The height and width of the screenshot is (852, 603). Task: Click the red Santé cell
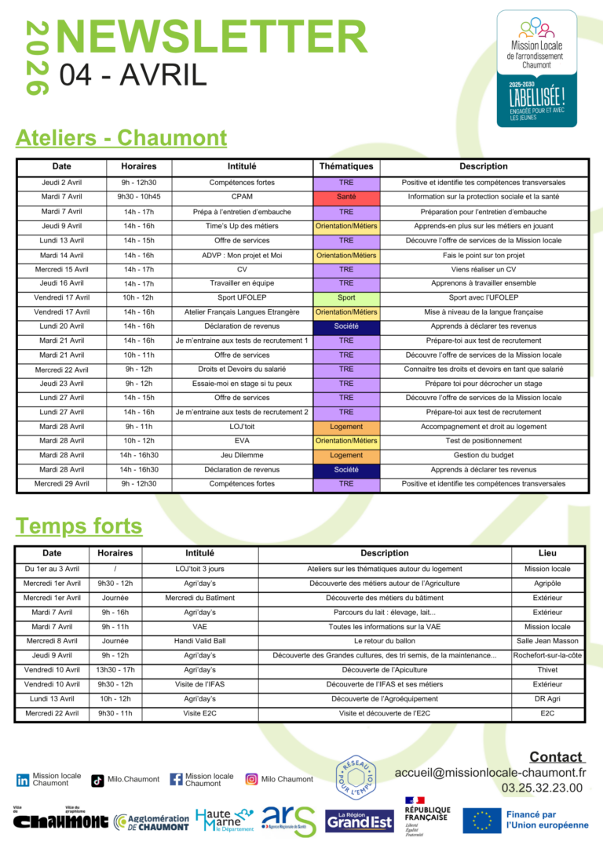[346, 197]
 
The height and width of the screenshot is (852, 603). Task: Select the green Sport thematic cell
[346, 297]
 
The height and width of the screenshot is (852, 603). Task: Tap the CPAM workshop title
[242, 197]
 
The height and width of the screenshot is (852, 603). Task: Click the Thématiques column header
[346, 166]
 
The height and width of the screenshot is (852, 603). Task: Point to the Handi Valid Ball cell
[199, 641]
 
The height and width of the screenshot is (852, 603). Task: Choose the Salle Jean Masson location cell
[547, 641]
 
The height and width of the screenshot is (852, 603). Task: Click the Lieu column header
[547, 553]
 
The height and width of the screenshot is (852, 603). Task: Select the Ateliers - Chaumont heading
[121, 138]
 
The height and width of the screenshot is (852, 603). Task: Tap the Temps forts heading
[79, 525]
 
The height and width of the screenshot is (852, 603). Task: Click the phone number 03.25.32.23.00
[542, 788]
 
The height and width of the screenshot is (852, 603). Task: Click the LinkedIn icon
[23, 780]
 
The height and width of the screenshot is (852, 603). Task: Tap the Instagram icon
[251, 779]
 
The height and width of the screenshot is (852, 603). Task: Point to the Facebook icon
[176, 780]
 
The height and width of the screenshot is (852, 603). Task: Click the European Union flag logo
[482, 820]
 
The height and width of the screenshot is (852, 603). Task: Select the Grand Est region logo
[360, 821]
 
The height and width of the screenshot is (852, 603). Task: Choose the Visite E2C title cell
[199, 713]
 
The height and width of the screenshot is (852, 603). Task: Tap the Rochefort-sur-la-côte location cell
[547, 655]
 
